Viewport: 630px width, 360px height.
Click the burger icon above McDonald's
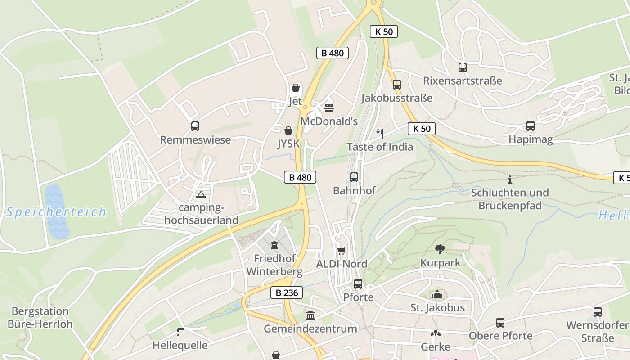coord(329,108)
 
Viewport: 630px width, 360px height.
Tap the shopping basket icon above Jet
coord(296,87)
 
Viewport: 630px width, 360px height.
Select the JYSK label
coord(288,144)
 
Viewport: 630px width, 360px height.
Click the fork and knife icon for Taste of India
coord(380,133)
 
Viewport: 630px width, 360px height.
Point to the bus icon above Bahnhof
coord(354,177)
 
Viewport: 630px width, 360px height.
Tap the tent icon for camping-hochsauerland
coord(201,194)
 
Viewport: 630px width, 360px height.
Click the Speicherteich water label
coord(56,211)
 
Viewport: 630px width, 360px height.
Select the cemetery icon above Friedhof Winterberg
coord(274,245)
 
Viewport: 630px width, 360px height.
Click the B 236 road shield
coord(287,292)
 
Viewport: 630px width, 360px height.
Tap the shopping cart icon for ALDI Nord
coord(342,251)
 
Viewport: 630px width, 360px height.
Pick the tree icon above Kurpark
coord(440,249)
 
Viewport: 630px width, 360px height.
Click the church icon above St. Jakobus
coord(437,295)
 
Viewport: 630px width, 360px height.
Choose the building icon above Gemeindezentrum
coord(310,315)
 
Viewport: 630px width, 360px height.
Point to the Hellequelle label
coord(180,345)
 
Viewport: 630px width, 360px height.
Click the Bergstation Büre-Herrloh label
coord(40,317)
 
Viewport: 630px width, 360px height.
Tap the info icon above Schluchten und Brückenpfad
coord(510,180)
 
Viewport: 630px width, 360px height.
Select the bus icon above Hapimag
coord(531,126)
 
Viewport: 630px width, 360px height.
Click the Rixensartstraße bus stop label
coord(462,81)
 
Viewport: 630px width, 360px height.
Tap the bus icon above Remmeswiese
coord(195,126)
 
